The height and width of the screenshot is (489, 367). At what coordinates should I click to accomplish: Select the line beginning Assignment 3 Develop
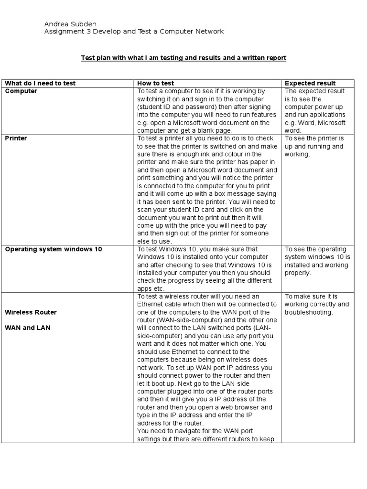pos(134,32)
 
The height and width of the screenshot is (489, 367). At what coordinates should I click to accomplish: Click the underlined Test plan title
pos(183,58)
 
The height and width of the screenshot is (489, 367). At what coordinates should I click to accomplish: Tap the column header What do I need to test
pos(40,83)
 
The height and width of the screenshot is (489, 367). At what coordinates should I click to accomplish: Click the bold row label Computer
pos(21,91)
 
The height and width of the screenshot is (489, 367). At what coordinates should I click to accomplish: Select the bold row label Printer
pos(16,138)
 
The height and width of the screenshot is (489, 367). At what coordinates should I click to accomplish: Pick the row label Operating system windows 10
pos(53,249)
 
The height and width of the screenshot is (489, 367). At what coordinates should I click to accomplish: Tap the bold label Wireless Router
pos(31,312)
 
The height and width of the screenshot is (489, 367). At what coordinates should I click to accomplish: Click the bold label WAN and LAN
pos(27,328)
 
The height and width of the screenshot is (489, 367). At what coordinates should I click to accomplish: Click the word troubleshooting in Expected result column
pos(309,312)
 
